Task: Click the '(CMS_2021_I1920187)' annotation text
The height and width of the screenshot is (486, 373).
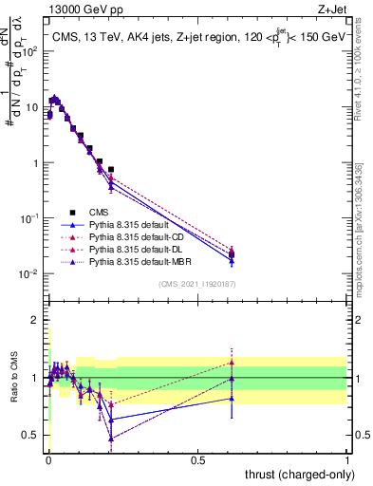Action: point(197,283)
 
